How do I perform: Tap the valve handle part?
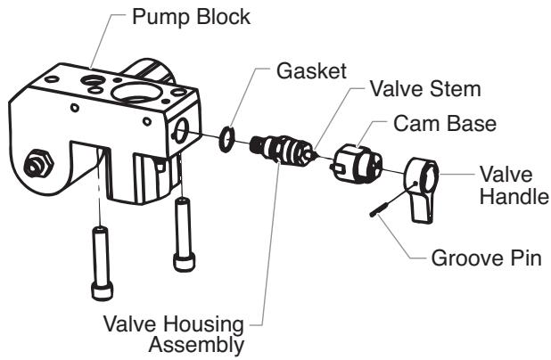click(x=422, y=185)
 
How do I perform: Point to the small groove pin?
click(x=377, y=208)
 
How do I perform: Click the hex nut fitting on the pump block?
click(x=40, y=165)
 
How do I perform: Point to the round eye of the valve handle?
click(x=424, y=169)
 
